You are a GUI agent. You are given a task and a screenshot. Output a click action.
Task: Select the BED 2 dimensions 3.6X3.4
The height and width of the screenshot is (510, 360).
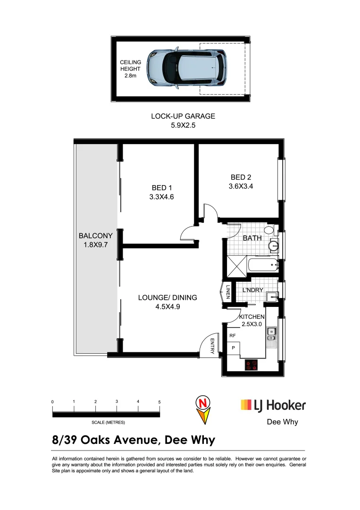click(x=241, y=186)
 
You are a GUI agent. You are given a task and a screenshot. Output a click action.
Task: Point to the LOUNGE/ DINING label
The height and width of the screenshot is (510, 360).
click(x=167, y=297)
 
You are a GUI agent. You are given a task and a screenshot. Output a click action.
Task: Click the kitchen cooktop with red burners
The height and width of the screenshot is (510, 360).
click(x=251, y=365)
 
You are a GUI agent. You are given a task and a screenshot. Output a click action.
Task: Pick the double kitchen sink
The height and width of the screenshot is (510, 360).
click(x=271, y=334)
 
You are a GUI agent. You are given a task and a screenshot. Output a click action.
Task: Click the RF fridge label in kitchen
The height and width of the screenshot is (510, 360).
click(x=232, y=336)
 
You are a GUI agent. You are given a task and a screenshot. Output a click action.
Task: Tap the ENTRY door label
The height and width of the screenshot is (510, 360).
click(x=212, y=347)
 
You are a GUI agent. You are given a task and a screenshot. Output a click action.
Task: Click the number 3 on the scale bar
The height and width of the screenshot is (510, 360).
click(x=117, y=401)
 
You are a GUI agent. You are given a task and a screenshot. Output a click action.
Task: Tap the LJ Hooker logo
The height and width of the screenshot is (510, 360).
click(x=273, y=405)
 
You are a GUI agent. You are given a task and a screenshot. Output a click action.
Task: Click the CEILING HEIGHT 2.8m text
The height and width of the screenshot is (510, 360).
click(x=130, y=69)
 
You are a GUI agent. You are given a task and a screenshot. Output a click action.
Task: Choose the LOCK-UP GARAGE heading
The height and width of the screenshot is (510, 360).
click(x=183, y=116)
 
